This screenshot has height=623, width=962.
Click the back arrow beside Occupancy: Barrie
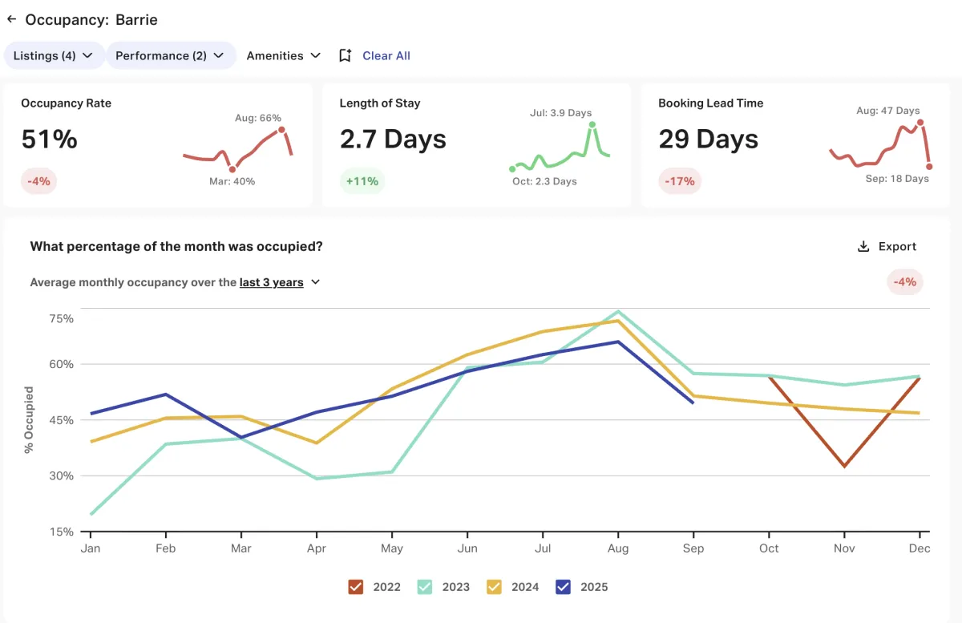coord(11,19)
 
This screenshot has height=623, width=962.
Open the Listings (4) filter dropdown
coord(54,55)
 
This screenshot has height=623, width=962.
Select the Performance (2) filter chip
coord(170,55)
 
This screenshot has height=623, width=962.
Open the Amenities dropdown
coord(284,55)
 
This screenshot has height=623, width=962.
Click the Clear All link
coord(386,55)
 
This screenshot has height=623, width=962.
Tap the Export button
coord(887,246)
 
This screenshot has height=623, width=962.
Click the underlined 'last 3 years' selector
coord(272,282)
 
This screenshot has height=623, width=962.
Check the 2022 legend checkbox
coord(356,587)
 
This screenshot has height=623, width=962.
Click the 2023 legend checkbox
coord(425,587)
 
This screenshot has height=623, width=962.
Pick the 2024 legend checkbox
coord(495,587)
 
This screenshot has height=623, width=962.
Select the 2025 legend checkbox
coord(564,587)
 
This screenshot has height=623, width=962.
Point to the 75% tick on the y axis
coord(62,318)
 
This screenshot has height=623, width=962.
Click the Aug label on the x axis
coord(617,548)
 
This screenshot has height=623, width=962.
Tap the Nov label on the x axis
coord(844,548)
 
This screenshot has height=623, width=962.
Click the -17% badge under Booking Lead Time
coord(680,181)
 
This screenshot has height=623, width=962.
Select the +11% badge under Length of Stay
coord(362,181)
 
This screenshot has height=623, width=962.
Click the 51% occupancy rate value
coord(49,140)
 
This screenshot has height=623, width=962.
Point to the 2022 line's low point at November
coord(844,466)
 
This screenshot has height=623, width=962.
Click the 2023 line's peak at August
coord(618,311)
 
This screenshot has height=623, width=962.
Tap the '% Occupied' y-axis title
coord(29,419)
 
